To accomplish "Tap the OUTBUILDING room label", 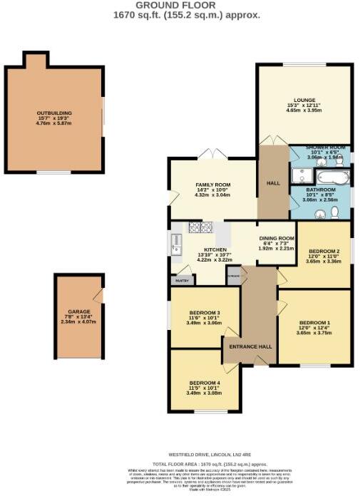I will pos(54,113).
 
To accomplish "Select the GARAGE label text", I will pos(78,311).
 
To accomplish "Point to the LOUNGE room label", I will pos(304,100).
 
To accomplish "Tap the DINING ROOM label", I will pos(276,238).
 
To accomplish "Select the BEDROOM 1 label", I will pos(314,321).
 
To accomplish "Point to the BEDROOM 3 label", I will pos(204,313).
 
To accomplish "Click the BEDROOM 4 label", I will pos(204,383).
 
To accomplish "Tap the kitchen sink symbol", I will pos(175,244).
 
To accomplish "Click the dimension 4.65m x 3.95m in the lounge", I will pos(304,111).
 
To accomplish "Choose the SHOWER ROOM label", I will pos(325,148).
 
